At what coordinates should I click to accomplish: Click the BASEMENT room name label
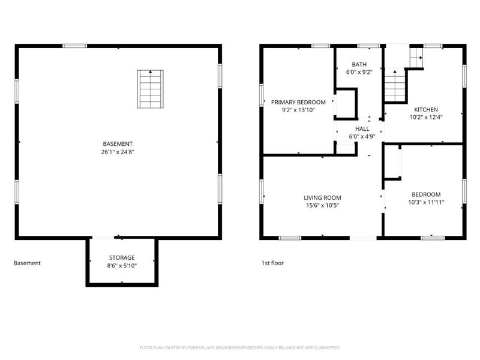point(118,144)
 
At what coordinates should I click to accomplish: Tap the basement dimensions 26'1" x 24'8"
point(118,152)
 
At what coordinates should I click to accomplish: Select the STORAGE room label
point(122,258)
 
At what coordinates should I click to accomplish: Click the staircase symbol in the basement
point(151,89)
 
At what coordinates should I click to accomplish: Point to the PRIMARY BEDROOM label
point(298,102)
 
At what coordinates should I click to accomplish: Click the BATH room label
point(359,65)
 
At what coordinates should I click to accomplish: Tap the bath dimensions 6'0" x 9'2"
point(359,72)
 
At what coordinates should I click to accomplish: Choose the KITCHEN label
point(426,110)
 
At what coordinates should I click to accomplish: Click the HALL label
point(362,129)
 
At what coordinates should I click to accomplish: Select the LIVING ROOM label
point(322,198)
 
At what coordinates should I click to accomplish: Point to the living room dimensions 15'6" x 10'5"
point(322,205)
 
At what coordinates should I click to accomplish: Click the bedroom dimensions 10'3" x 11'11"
point(426,202)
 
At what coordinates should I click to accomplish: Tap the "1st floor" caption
point(272,263)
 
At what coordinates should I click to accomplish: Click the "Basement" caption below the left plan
point(27,263)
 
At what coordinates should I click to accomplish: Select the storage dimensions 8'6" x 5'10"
point(122,266)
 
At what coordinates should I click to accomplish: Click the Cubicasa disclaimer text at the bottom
point(239,348)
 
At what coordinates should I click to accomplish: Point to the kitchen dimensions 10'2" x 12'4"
point(426,117)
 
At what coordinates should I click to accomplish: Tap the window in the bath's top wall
point(368,46)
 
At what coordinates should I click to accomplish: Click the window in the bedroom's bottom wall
point(433,238)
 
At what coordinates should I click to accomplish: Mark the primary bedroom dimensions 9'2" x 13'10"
point(298,110)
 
